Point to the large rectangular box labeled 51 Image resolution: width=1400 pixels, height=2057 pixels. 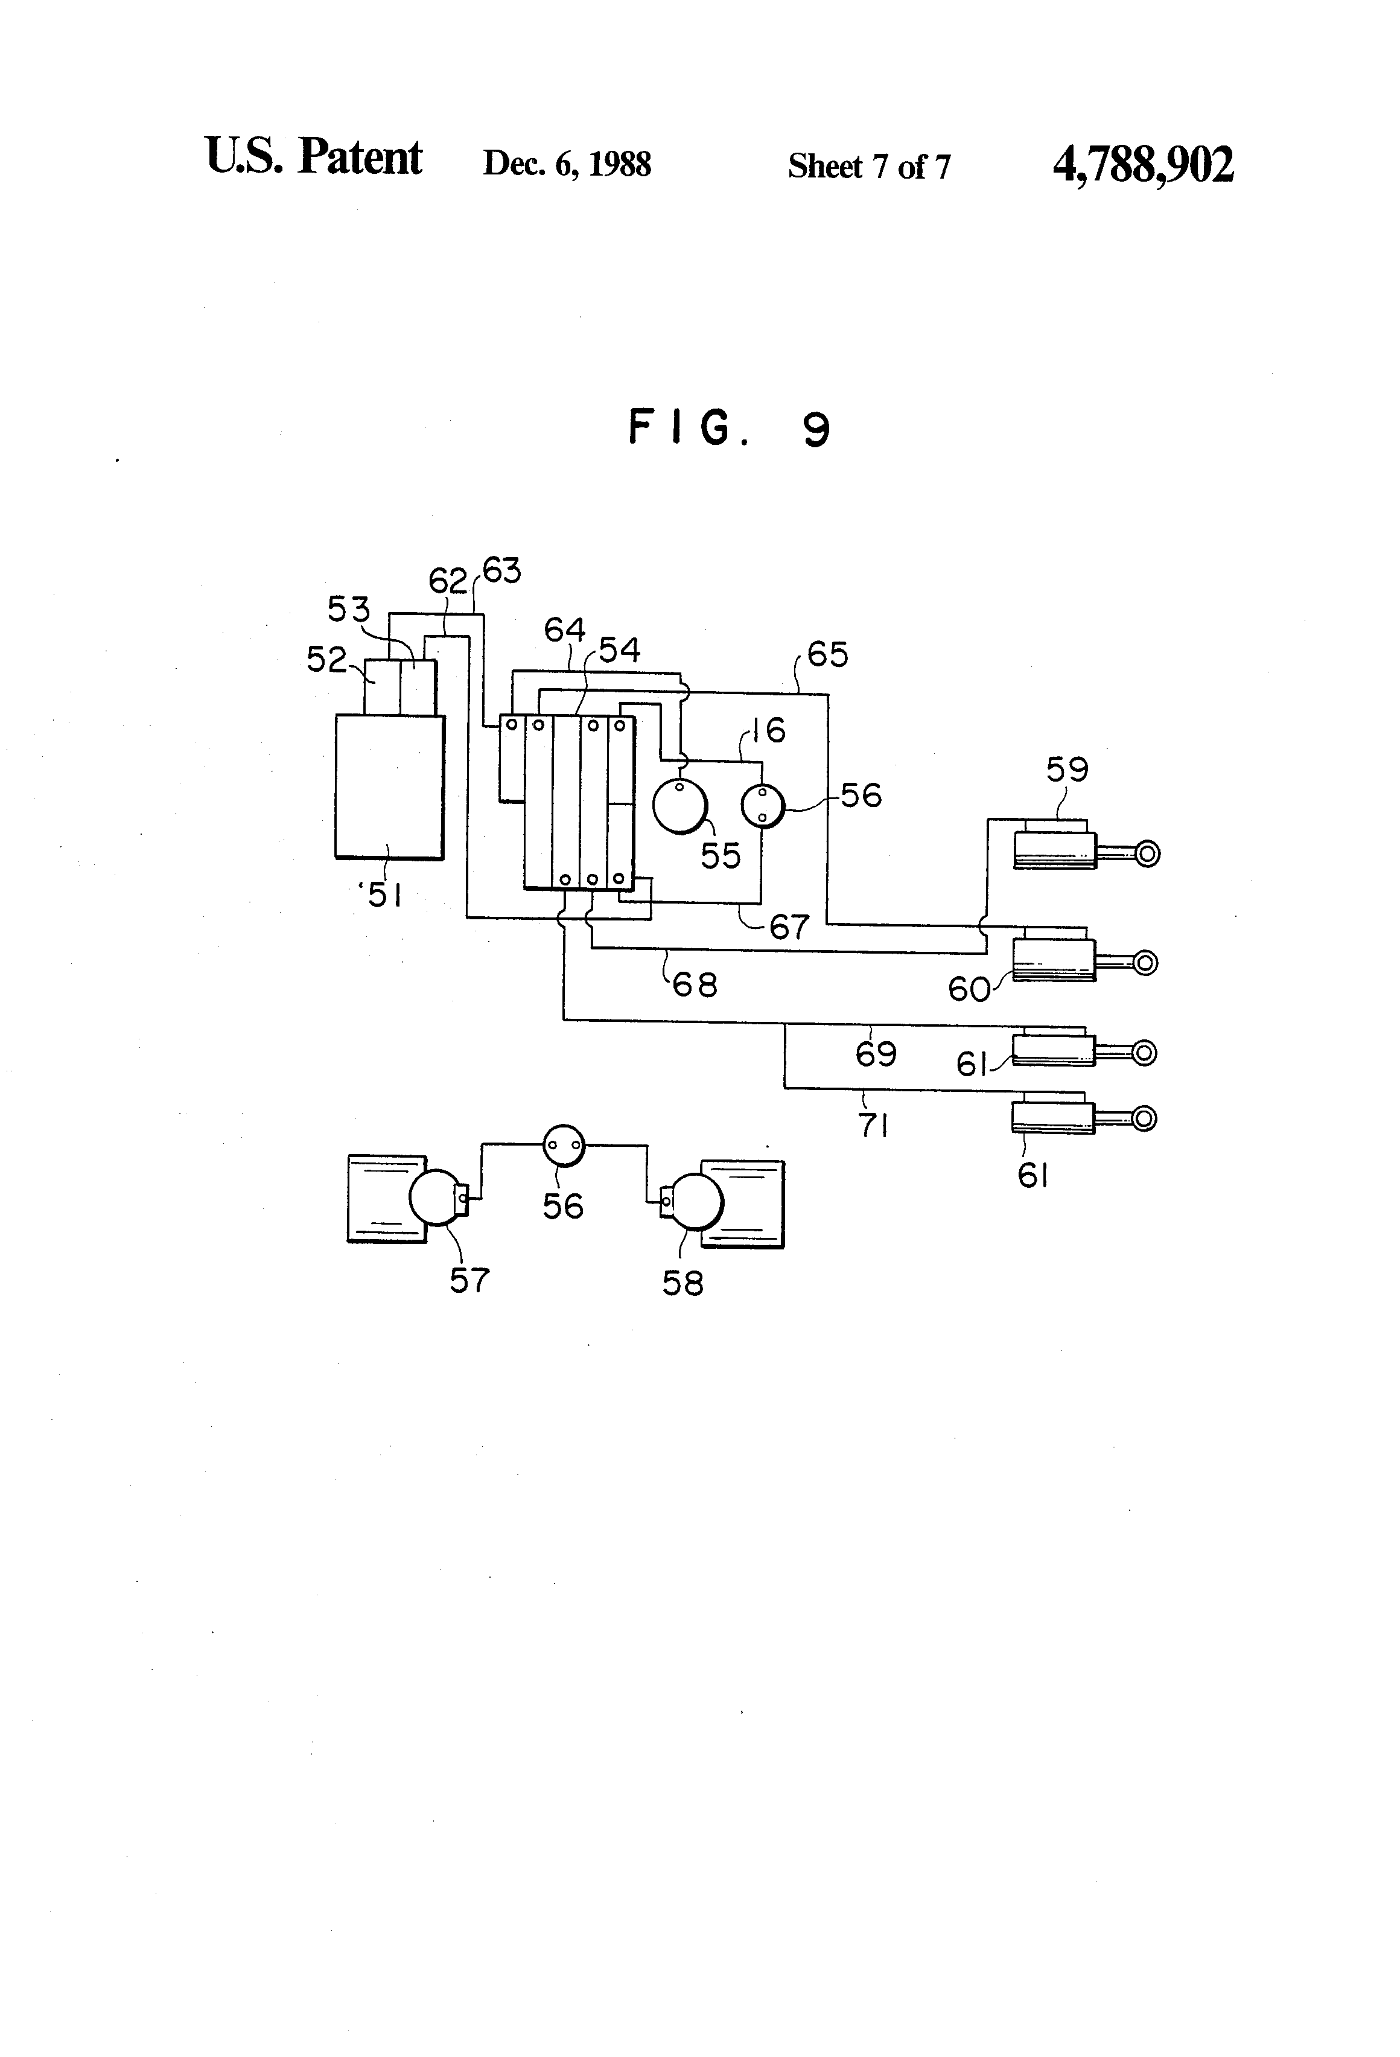(x=389, y=786)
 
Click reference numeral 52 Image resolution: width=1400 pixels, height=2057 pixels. (x=326, y=659)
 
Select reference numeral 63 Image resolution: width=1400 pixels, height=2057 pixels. (x=502, y=571)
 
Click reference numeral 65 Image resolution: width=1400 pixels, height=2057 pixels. (x=827, y=654)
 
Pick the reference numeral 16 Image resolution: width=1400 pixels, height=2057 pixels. (x=769, y=730)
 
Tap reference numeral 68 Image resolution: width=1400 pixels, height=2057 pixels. (x=695, y=984)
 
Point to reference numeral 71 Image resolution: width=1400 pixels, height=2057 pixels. (x=873, y=1126)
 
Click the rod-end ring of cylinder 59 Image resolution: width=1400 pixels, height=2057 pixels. (x=1147, y=854)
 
